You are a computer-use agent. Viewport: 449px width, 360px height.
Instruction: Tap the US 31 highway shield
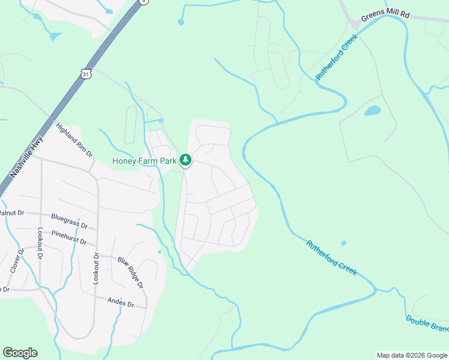click(86, 74)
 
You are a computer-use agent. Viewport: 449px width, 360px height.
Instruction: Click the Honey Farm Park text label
click(145, 161)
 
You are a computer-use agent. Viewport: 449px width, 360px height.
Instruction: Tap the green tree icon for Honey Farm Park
click(186, 160)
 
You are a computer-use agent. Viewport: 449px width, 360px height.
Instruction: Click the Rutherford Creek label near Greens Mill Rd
click(337, 57)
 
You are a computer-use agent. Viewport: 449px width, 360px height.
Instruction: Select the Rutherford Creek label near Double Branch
click(331, 258)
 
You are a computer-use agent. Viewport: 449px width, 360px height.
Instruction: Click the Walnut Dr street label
click(11, 213)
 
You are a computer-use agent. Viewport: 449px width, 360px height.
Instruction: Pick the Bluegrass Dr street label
click(70, 221)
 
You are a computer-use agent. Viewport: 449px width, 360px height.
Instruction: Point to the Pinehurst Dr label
click(70, 238)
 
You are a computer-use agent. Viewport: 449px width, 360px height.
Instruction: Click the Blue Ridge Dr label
click(130, 272)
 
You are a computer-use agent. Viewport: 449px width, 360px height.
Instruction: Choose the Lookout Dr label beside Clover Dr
click(40, 243)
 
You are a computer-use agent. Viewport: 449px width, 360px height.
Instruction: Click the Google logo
click(20, 353)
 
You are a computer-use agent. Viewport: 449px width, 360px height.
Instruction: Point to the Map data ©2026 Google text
click(411, 355)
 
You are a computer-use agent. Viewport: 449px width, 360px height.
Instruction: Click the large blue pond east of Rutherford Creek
click(373, 110)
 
